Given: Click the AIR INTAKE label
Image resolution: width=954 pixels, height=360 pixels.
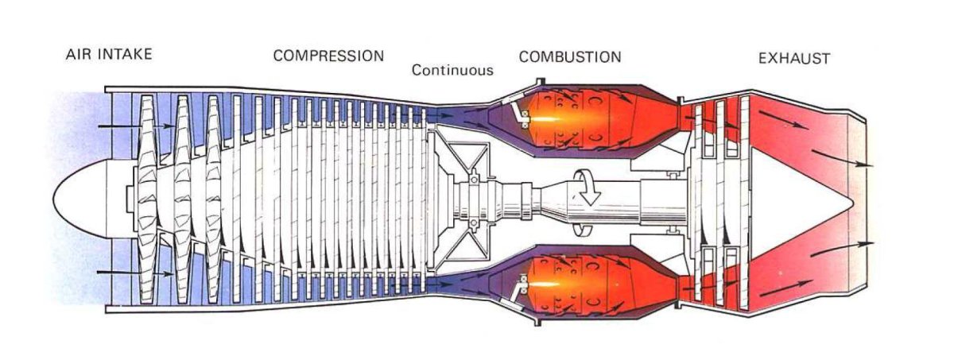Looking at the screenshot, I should point(109,55).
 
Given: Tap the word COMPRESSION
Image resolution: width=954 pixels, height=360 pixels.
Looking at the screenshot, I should point(328,56).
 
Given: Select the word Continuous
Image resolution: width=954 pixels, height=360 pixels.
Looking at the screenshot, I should point(452,70).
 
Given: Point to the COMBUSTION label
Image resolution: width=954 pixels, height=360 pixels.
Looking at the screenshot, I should point(570,56).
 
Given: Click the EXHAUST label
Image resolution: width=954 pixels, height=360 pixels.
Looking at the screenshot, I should point(794,58).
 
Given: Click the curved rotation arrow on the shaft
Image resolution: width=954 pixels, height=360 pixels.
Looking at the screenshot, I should point(589,192).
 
